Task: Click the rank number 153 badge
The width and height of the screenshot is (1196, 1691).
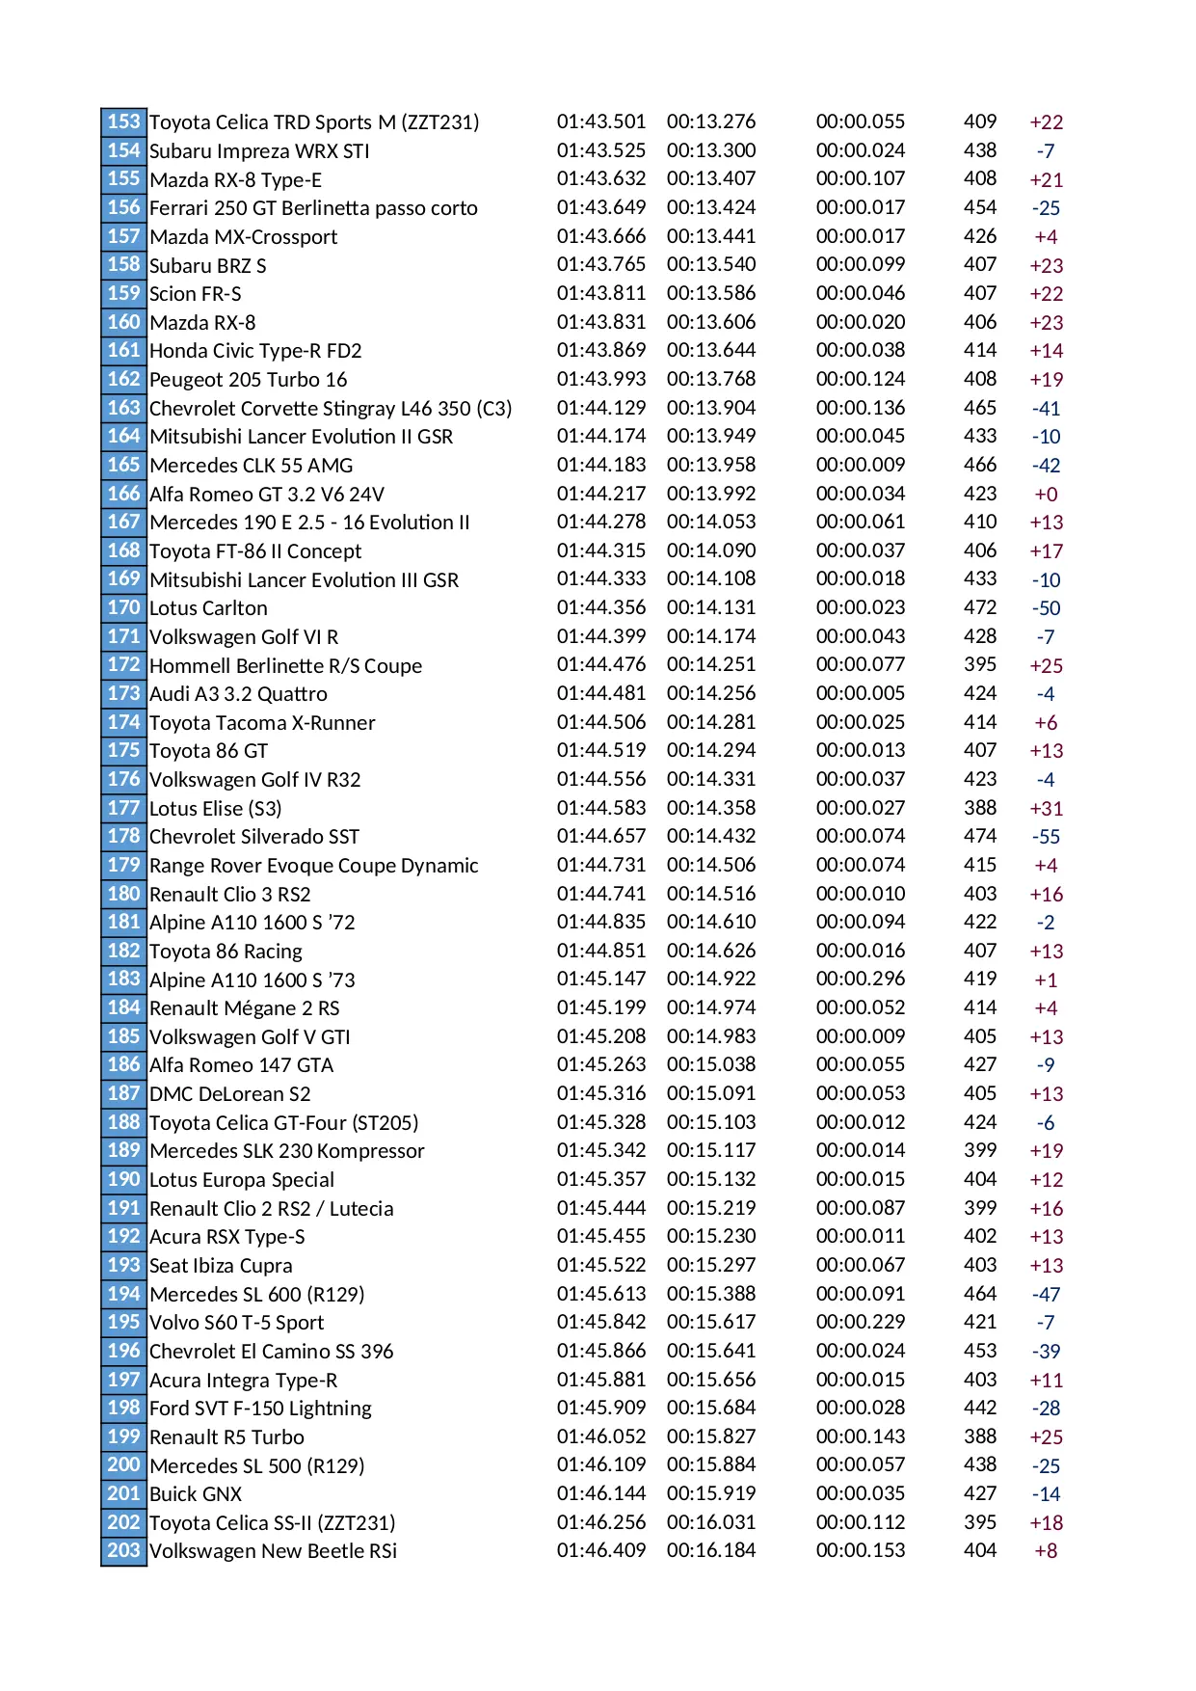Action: click(x=123, y=121)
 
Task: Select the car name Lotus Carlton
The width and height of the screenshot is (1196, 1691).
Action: click(x=208, y=608)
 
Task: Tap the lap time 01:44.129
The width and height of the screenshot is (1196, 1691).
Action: click(x=600, y=408)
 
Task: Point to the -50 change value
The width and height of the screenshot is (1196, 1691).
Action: click(x=1046, y=608)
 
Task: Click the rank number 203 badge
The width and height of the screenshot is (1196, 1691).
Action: click(x=123, y=1550)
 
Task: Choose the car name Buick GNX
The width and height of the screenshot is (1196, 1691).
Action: click(x=196, y=1493)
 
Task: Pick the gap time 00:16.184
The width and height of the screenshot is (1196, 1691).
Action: click(x=710, y=1550)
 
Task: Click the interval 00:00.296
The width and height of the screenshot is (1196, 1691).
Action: click(x=860, y=979)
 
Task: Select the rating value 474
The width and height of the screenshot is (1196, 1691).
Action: click(x=979, y=836)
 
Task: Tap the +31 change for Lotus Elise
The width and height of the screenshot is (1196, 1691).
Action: click(x=1046, y=808)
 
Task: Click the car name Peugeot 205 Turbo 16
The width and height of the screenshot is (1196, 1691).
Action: click(x=248, y=380)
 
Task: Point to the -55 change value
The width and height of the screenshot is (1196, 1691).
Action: click(x=1046, y=837)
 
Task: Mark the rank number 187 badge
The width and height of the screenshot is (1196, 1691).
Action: click(x=123, y=1093)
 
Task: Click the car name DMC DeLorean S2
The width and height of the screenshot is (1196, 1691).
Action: click(x=229, y=1094)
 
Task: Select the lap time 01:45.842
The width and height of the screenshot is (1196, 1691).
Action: click(x=600, y=1322)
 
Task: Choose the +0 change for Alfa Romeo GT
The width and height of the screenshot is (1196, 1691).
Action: click(x=1046, y=494)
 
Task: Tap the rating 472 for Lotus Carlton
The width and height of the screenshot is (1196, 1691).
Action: click(x=979, y=607)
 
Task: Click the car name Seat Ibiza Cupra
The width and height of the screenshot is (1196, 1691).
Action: click(x=221, y=1266)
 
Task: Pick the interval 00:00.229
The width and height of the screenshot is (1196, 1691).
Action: click(x=860, y=1322)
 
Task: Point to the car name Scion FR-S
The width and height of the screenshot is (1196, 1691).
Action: click(x=195, y=294)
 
